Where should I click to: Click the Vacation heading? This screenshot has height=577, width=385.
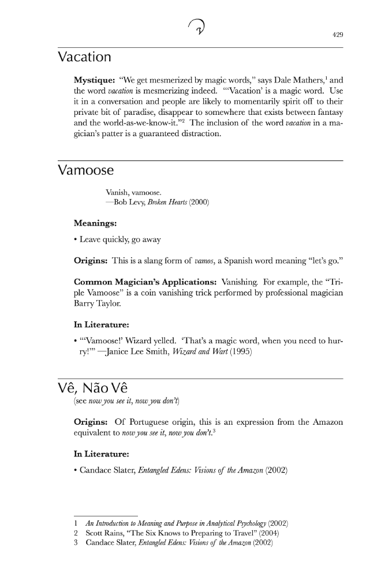[85, 57]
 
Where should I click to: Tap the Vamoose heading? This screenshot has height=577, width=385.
[86, 171]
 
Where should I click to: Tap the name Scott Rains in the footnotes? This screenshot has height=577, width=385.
[106, 533]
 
